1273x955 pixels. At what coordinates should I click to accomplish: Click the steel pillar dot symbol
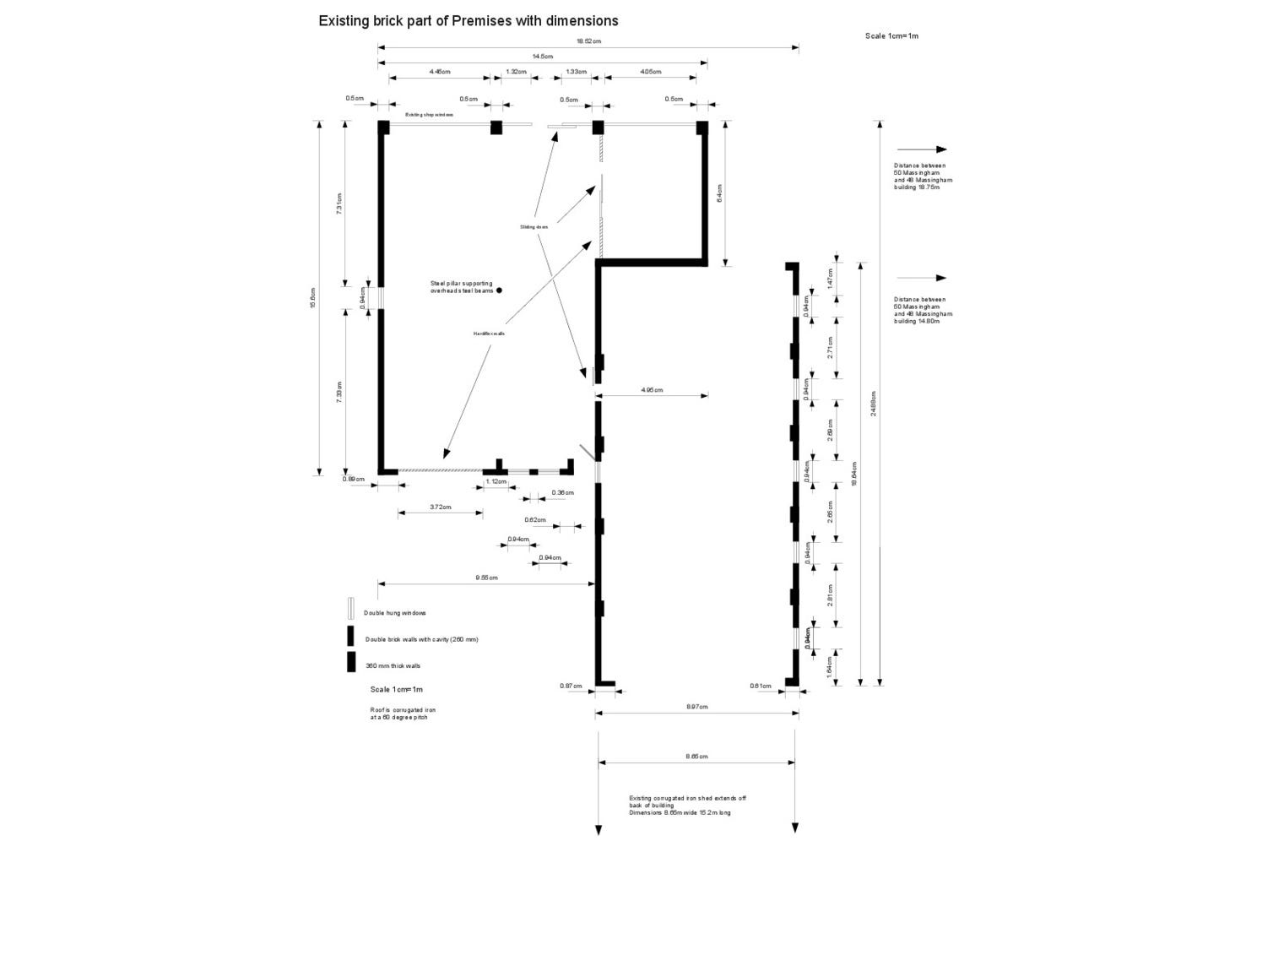click(499, 290)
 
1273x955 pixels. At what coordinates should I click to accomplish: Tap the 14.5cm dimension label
click(542, 57)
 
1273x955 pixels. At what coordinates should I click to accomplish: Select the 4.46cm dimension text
click(439, 72)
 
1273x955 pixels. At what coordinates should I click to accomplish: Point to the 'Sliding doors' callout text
click(534, 227)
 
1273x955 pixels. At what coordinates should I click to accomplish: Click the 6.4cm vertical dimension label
click(719, 193)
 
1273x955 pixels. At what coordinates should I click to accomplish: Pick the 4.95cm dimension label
click(652, 390)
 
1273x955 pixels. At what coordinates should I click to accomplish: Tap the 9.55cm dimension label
click(486, 578)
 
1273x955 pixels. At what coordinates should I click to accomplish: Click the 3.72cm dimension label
click(440, 507)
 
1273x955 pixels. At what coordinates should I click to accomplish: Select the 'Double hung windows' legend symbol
click(350, 609)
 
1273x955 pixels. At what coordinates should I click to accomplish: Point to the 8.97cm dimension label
click(696, 707)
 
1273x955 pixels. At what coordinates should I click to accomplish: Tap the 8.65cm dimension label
click(696, 757)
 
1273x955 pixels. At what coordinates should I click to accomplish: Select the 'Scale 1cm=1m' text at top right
click(891, 36)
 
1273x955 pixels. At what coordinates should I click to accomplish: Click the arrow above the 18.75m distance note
click(921, 149)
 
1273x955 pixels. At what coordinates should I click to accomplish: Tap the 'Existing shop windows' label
click(429, 115)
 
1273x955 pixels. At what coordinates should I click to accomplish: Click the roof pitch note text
click(403, 714)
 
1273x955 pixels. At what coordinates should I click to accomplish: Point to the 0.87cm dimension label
click(571, 686)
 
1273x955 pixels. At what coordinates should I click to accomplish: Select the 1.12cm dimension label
click(496, 481)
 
